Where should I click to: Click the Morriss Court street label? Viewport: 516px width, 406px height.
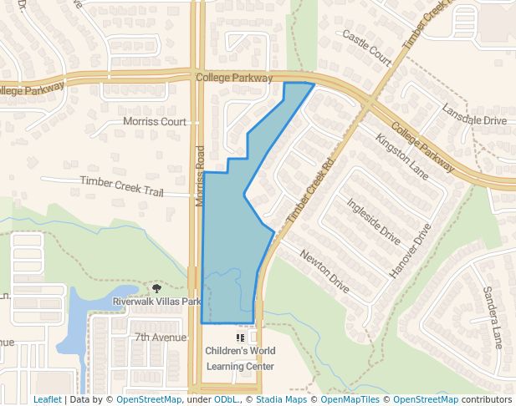[155, 121]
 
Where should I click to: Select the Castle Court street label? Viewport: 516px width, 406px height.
[366, 47]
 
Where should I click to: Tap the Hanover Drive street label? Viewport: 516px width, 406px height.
[411, 250]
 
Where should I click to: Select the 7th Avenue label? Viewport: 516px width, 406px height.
[161, 337]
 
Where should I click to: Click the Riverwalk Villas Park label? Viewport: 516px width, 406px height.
[157, 302]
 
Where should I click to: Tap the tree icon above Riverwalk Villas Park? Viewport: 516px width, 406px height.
[156, 289]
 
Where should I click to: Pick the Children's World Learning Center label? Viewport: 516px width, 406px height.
[240, 358]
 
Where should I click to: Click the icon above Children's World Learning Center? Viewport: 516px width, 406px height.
[240, 337]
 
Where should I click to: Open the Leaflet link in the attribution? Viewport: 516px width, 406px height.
[47, 400]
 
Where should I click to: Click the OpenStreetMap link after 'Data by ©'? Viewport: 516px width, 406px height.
[148, 400]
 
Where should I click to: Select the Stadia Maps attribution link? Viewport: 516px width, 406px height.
[281, 400]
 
